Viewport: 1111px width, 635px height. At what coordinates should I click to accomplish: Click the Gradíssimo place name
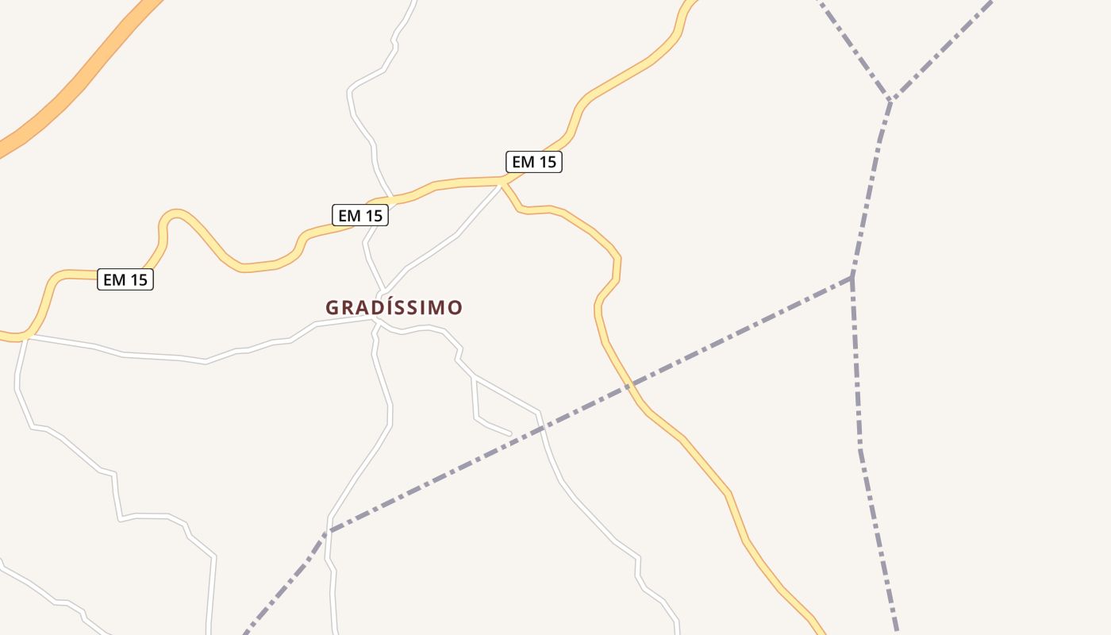(x=394, y=307)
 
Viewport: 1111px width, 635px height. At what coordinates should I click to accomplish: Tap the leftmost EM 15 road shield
(x=125, y=279)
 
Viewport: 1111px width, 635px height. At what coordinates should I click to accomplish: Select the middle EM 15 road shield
(x=359, y=215)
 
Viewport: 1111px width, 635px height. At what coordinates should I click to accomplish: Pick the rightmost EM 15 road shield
(x=534, y=162)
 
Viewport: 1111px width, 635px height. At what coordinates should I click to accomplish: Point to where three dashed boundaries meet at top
(x=890, y=101)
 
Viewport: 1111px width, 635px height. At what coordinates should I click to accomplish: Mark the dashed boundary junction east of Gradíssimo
(x=852, y=277)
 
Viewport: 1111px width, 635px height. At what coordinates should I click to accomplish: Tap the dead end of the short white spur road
(x=510, y=434)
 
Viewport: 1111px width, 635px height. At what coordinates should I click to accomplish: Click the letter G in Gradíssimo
(x=333, y=307)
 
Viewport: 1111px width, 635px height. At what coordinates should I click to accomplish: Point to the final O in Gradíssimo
(x=455, y=307)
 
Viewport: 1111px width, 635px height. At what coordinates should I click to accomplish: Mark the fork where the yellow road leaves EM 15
(x=502, y=183)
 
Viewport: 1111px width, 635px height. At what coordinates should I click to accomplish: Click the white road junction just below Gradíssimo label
(x=375, y=321)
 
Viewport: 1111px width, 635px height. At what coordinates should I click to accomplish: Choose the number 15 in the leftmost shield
(x=137, y=279)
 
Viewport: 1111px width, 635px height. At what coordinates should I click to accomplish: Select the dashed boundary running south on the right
(x=865, y=476)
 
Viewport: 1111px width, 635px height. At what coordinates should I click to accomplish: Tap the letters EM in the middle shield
(x=348, y=215)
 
